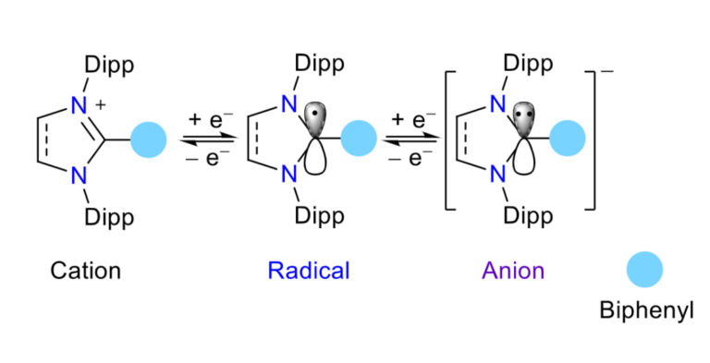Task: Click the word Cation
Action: (85, 271)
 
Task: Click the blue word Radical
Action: (309, 271)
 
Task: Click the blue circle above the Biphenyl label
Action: (644, 271)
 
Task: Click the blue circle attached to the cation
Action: (148, 139)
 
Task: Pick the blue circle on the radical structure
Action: (359, 139)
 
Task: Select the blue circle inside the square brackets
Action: (569, 139)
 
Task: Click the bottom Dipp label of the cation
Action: (110, 217)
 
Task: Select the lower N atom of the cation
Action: (80, 172)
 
